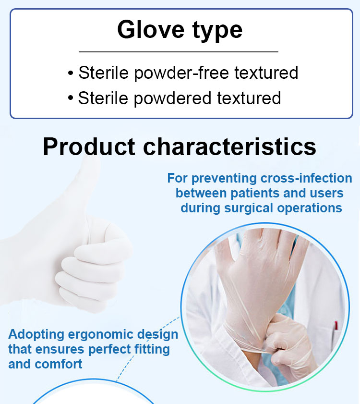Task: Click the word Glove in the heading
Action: pyautogui.click(x=151, y=29)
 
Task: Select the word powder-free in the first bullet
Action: pyautogui.click(x=181, y=73)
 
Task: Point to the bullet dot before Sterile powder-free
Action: pyautogui.click(x=71, y=73)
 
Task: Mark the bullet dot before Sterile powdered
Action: pyautogui.click(x=71, y=98)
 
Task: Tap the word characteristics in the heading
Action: pyautogui.click(x=230, y=147)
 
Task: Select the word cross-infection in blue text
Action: pyautogui.click(x=306, y=178)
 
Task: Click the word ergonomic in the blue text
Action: pyautogui.click(x=100, y=335)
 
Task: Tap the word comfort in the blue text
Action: pyautogui.click(x=59, y=364)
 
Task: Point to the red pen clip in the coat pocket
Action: pyautogui.click(x=336, y=325)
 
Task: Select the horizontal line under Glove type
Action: pyautogui.click(x=179, y=52)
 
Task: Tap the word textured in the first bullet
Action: pyautogui.click(x=266, y=73)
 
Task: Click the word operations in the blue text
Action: pyautogui.click(x=310, y=208)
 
